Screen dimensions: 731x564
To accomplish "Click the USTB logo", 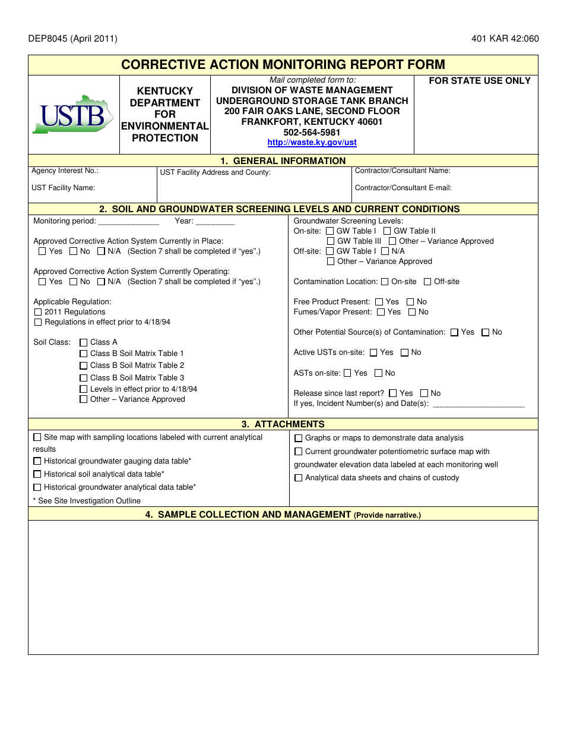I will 72,114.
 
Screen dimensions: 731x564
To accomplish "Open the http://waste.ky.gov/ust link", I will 312,143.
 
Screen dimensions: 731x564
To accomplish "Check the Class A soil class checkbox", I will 84,342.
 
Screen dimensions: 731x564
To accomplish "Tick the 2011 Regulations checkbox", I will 38,312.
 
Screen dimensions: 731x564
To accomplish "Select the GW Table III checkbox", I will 331,241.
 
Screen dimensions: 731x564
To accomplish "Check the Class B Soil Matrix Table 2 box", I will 84,366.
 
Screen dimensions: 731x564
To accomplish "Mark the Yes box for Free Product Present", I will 379,302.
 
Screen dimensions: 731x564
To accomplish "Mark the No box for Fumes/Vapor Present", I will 411,312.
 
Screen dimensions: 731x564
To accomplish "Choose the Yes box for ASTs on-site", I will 347,373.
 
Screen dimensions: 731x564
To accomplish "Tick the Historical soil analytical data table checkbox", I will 37,474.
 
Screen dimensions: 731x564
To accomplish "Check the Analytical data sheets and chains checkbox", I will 299,478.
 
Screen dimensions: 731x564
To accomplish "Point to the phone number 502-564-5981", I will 312,133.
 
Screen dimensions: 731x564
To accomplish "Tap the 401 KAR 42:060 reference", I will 505,39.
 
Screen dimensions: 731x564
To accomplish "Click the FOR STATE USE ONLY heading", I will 480,81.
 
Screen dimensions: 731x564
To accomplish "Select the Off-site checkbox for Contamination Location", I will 427,282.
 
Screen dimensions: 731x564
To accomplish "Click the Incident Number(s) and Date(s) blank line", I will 479,405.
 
